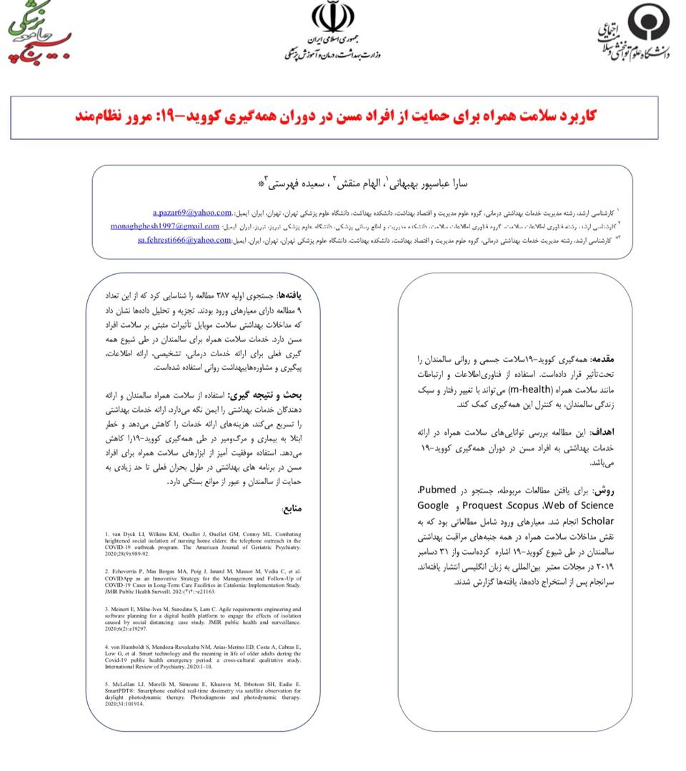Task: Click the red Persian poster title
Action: (335, 116)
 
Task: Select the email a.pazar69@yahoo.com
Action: (192, 213)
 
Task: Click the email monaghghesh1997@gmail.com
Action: (165, 226)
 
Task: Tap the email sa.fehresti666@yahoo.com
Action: (184, 240)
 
